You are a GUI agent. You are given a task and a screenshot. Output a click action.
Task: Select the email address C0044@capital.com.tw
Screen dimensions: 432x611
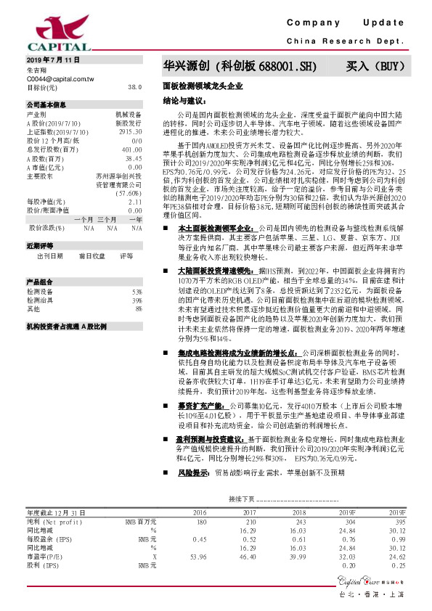click(x=60, y=78)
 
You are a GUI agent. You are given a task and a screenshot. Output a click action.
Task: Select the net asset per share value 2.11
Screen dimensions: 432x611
click(x=134, y=201)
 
